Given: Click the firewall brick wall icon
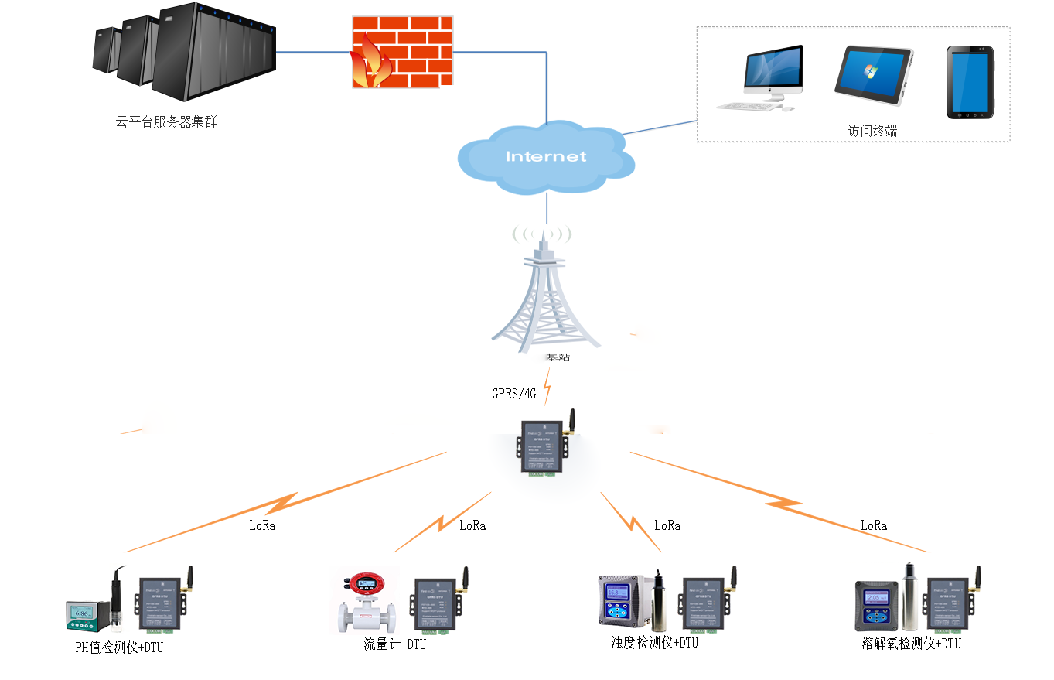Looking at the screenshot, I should (403, 52).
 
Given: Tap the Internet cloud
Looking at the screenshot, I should (546, 158).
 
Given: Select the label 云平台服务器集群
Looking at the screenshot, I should (166, 121).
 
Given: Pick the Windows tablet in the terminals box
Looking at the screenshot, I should (873, 75).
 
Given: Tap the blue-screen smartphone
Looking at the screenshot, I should (970, 82).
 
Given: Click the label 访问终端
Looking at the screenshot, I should (872, 132).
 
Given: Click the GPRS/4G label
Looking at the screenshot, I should (514, 393).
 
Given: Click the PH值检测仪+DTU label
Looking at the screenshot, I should (119, 648).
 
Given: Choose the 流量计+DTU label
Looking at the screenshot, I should (394, 644).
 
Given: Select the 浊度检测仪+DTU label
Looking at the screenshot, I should (654, 643).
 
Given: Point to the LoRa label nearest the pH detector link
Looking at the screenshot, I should (262, 526).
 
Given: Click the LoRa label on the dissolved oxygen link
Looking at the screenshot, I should (874, 526).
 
